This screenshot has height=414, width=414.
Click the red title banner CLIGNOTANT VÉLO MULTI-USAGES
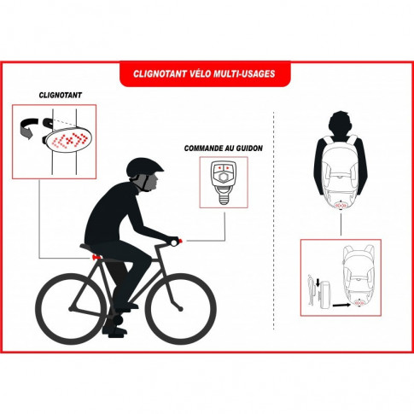coord(207,73)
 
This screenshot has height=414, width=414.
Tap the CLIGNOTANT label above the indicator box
coord(61,96)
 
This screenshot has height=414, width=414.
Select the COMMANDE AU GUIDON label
coord(223,148)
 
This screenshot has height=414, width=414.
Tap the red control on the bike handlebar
coord(178,242)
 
